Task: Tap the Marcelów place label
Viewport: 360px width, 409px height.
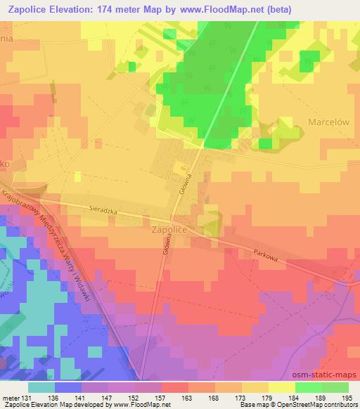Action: click(329, 122)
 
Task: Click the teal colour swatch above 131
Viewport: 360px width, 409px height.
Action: click(41, 387)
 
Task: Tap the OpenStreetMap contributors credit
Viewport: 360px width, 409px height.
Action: click(319, 405)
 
